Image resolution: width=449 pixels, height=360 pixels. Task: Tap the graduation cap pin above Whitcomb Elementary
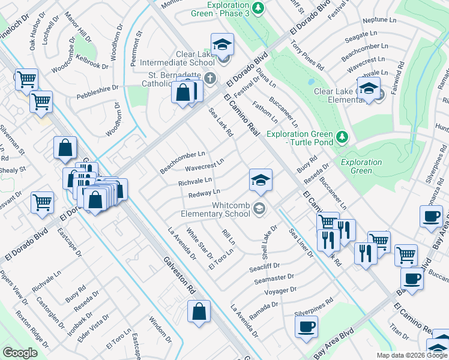pyautogui.click(x=261, y=180)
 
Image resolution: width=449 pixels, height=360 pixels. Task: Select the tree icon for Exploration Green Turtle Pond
pyautogui.click(x=342, y=137)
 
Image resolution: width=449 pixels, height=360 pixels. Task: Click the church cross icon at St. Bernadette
pyautogui.click(x=210, y=78)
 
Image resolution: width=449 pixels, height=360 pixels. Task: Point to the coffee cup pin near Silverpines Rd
pyautogui.click(x=307, y=328)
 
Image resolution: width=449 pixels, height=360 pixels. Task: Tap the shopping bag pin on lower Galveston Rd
pyautogui.click(x=199, y=312)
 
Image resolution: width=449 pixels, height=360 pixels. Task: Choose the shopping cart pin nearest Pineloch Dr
pyautogui.click(x=26, y=79)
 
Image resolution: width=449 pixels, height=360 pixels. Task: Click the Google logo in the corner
pyautogui.click(x=19, y=352)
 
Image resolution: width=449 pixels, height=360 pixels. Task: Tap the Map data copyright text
pyautogui.click(x=412, y=355)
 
